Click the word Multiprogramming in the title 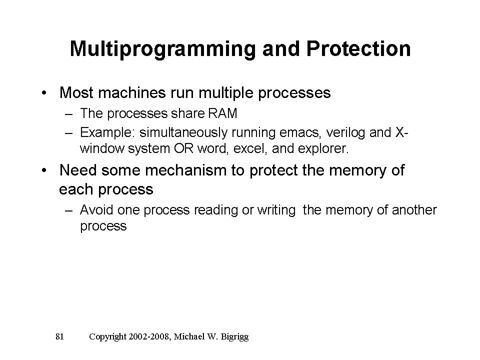point(162,49)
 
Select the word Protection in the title point(358,48)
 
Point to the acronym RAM point(222,113)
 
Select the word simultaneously point(183,133)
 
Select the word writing point(276,210)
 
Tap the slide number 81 point(59,336)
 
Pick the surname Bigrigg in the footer point(234,336)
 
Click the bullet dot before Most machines point(44,93)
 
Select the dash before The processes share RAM point(69,114)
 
